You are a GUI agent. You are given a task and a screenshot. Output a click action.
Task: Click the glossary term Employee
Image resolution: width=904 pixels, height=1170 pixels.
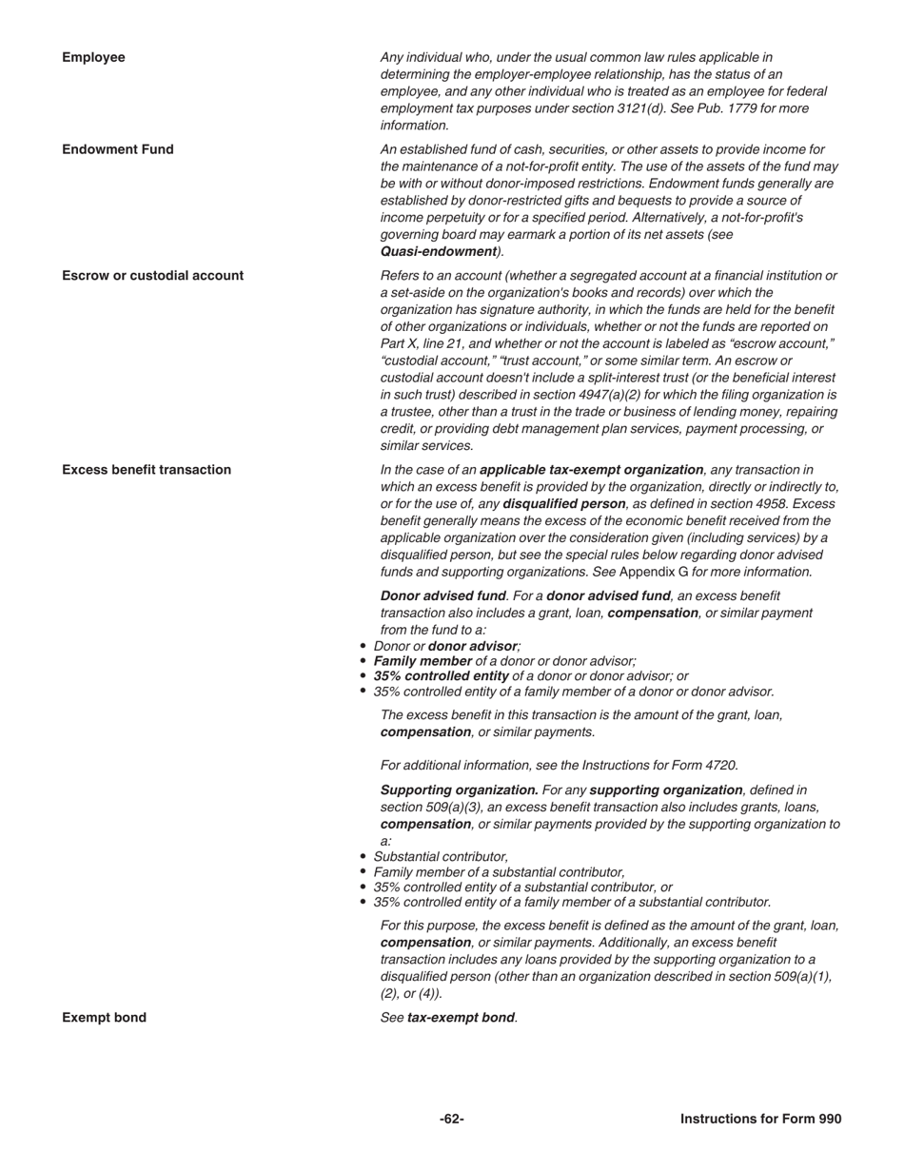coord(93,57)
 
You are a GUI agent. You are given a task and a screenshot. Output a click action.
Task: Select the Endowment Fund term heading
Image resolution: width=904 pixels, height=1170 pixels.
coord(118,149)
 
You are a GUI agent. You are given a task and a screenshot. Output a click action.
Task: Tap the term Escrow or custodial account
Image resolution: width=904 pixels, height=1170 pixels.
coord(152,276)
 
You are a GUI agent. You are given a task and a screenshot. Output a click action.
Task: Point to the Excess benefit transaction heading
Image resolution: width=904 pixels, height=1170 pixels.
coord(147,470)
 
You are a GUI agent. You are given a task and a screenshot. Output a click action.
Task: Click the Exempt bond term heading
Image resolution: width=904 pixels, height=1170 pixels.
coord(104,1018)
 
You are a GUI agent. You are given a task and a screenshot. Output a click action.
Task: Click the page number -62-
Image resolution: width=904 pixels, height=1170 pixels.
coord(452,1120)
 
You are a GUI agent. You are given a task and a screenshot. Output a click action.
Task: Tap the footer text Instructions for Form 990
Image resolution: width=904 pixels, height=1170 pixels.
coord(760,1120)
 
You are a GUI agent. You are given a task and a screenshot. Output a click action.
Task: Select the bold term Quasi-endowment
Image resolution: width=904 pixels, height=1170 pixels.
coord(439,252)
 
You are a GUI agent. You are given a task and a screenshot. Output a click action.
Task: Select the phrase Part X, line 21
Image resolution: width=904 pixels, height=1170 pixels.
coord(426,343)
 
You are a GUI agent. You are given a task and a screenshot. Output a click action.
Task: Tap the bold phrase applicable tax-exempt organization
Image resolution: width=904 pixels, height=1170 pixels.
coord(592,470)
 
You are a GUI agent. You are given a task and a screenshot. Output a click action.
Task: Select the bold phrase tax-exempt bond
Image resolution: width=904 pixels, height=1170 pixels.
coord(461,1018)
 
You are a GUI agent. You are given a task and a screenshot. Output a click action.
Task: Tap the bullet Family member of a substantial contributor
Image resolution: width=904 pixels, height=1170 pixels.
coord(499,872)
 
